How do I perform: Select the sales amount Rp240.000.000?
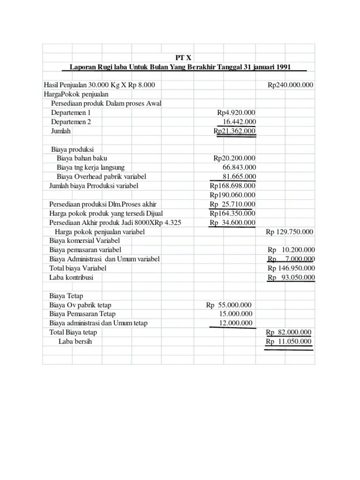(291, 85)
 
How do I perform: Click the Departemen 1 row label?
(71, 113)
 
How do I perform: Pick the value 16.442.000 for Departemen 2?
(239, 122)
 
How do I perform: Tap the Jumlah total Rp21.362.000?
(234, 131)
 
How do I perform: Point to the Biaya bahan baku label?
(82, 158)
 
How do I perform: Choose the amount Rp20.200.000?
(234, 158)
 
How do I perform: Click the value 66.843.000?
(239, 167)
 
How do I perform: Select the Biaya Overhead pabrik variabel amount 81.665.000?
(239, 177)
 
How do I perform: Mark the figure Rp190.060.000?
(232, 195)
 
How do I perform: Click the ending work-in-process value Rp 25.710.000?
(232, 204)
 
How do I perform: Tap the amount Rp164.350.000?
(232, 213)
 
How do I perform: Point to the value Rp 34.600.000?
(232, 223)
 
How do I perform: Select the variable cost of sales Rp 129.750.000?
(290, 232)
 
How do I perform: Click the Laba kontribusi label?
(71, 277)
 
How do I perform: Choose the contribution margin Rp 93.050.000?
(291, 277)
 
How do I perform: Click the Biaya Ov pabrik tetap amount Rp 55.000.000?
(229, 305)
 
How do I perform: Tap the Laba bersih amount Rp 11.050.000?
(288, 342)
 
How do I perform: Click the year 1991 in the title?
(283, 67)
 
